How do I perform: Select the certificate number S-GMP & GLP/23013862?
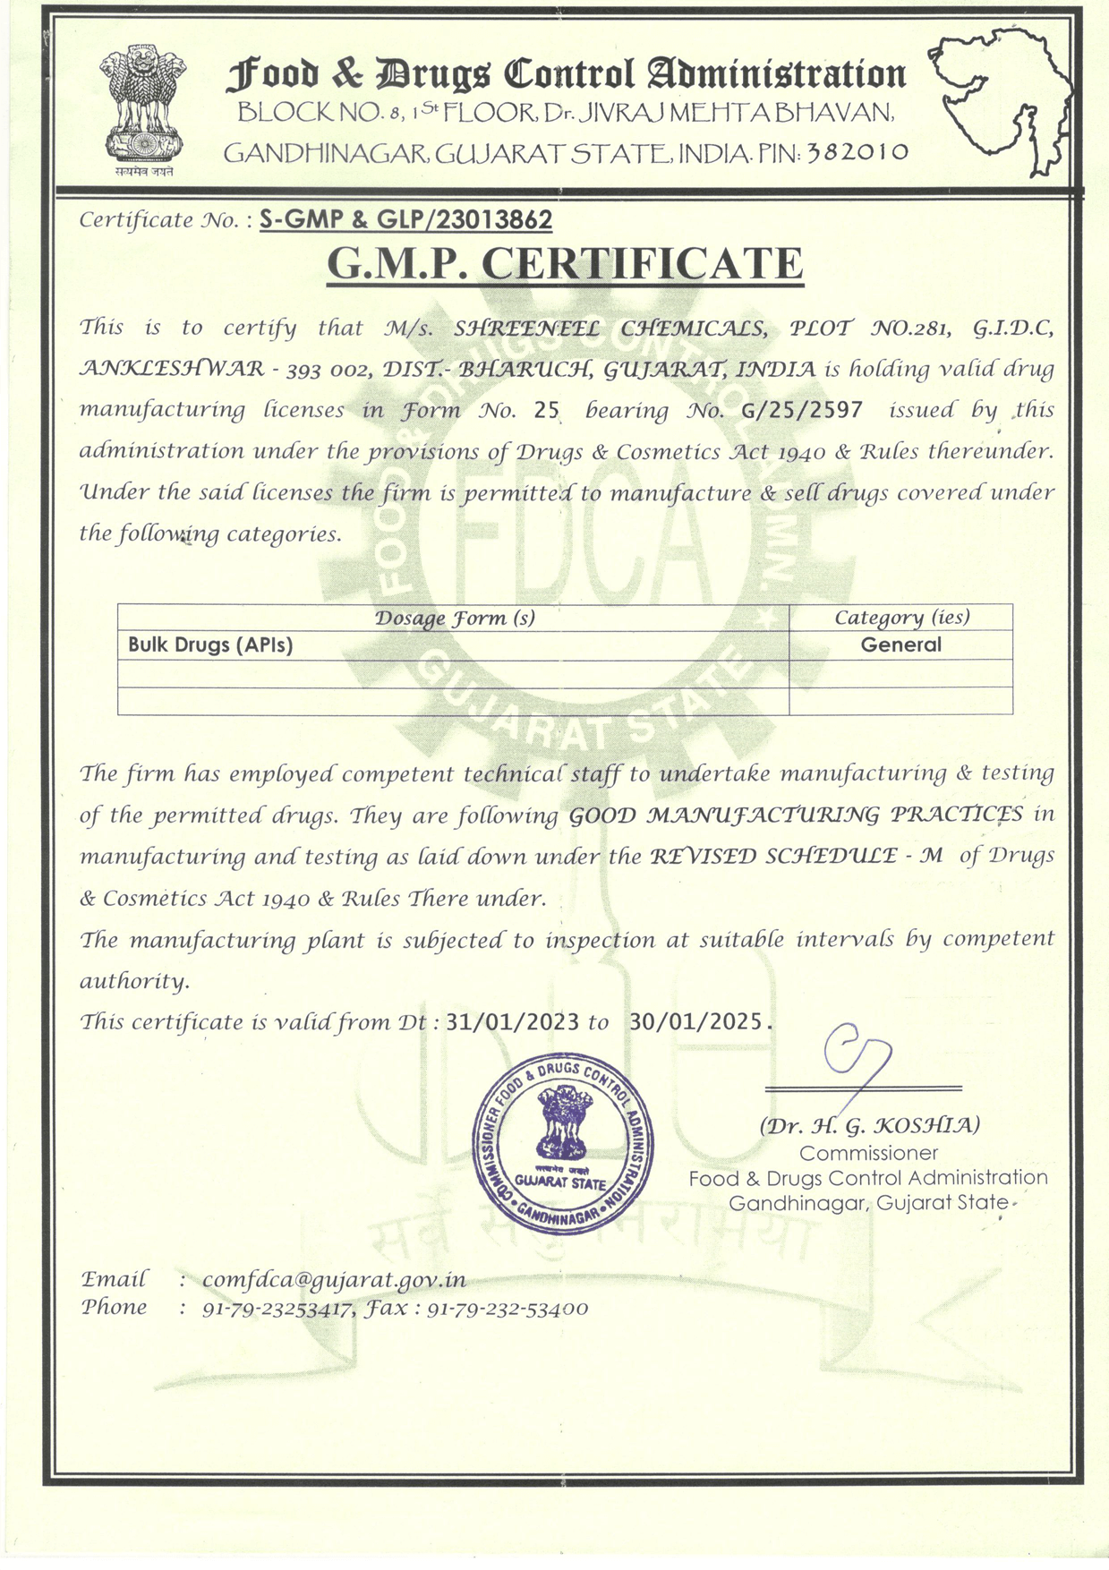405,219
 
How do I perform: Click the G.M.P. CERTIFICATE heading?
565,263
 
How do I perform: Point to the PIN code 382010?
857,152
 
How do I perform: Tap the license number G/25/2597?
803,410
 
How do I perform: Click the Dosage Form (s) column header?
454,618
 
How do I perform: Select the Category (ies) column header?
901,618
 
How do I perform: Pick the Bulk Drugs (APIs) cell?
210,644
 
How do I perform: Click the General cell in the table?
900,644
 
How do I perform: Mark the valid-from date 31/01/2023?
512,1021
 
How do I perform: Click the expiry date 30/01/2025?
697,1021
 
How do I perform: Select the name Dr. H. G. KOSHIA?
869,1125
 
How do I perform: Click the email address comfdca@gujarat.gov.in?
334,1280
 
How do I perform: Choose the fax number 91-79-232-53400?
508,1309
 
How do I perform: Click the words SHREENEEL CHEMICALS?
610,328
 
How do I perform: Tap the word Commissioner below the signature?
868,1153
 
